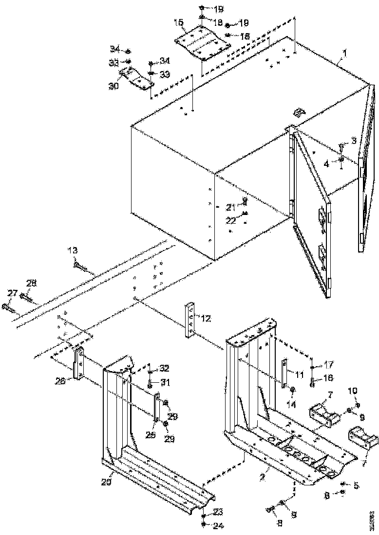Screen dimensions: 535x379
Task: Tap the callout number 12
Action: coord(206,319)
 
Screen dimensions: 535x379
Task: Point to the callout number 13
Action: coord(72,250)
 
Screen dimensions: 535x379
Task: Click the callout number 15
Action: coord(178,22)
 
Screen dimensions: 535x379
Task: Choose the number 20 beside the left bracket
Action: coord(106,482)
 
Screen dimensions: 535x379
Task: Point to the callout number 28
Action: coord(31,283)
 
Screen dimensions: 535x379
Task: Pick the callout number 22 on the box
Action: coord(231,220)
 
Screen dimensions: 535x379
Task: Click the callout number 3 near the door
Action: coord(354,140)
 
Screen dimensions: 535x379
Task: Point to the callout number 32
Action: coord(164,368)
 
